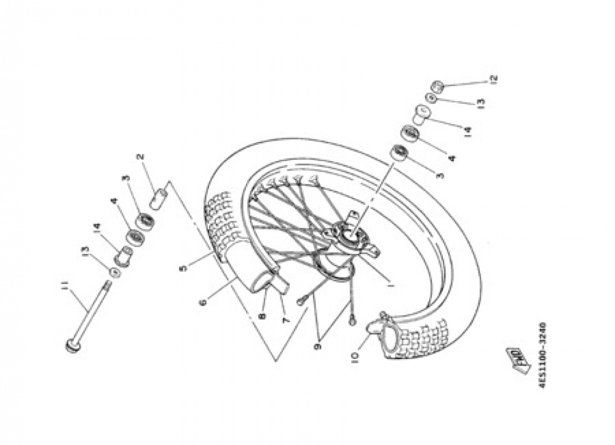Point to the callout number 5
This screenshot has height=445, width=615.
click(183, 268)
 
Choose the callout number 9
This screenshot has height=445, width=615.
click(318, 347)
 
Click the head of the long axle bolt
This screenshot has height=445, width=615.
click(72, 346)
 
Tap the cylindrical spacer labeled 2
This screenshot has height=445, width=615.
click(159, 198)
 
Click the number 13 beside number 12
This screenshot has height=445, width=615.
click(481, 103)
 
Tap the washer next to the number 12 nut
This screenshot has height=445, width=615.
click(432, 98)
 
